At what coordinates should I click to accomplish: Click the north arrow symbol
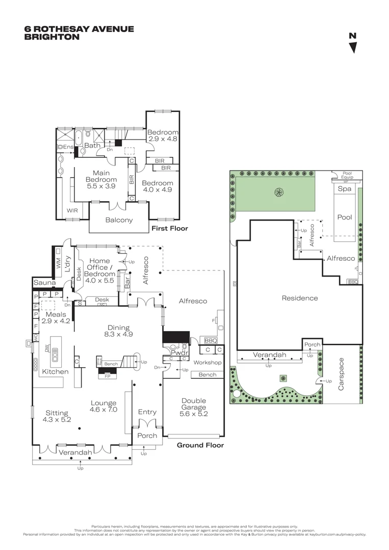pyautogui.click(x=352, y=47)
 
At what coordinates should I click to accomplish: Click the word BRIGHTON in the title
pyautogui.click(x=52, y=37)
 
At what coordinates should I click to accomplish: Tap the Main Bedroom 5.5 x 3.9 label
pyautogui.click(x=101, y=180)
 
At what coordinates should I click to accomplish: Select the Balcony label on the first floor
pyautogui.click(x=119, y=220)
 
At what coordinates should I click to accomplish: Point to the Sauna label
pyautogui.click(x=44, y=283)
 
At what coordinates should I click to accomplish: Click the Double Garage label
pyautogui.click(x=194, y=407)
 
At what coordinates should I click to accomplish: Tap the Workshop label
pyautogui.click(x=208, y=363)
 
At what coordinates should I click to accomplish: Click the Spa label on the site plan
pyautogui.click(x=345, y=189)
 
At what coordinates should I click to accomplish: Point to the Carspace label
pyautogui.click(x=342, y=374)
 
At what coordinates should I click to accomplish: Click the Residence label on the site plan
pyautogui.click(x=300, y=298)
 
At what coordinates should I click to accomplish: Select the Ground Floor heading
pyautogui.click(x=200, y=445)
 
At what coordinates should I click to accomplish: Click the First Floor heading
pyautogui.click(x=170, y=229)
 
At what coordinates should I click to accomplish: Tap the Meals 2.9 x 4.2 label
pyautogui.click(x=56, y=318)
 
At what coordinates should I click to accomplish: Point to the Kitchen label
pyautogui.click(x=55, y=372)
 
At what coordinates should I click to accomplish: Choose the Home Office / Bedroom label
pyautogui.click(x=99, y=267)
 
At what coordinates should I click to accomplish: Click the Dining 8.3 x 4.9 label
pyautogui.click(x=118, y=331)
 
